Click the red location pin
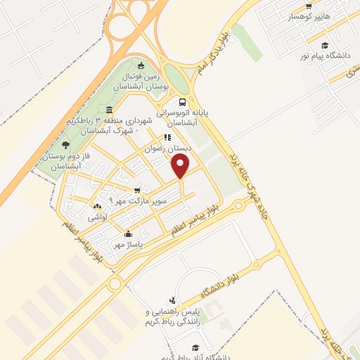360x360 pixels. click(x=181, y=165)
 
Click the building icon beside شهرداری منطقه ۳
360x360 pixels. click(x=109, y=110)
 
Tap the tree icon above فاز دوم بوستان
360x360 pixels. click(x=66, y=145)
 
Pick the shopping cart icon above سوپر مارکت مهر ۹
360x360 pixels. click(x=137, y=190)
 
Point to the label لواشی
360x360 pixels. click(x=96, y=218)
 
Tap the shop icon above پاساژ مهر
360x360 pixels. click(x=127, y=235)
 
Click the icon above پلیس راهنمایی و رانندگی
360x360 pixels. click(x=173, y=300)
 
